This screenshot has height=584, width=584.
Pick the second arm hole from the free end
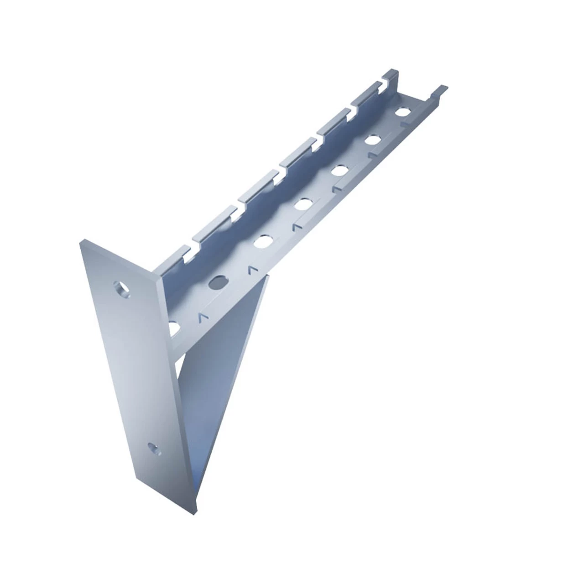coord(373,140)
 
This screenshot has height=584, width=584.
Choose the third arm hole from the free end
coord(339,171)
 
